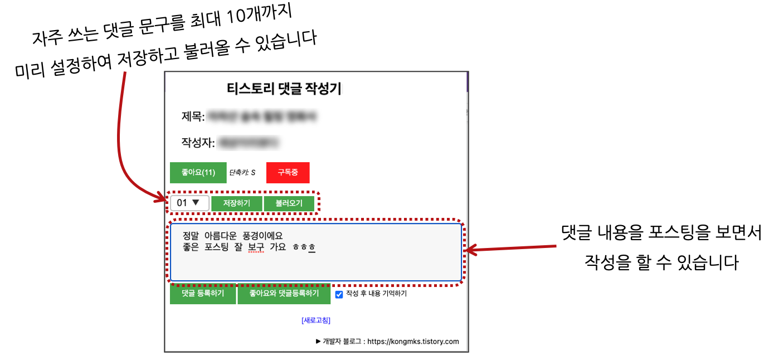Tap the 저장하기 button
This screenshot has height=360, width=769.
236,203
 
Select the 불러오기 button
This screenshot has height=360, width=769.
289,203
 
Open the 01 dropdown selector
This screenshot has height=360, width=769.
189,203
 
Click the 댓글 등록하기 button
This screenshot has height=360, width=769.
203,293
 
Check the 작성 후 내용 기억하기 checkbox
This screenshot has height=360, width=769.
339,294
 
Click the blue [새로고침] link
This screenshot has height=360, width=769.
316,320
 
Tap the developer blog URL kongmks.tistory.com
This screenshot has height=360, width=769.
413,342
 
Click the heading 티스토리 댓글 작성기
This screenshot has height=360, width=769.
284,89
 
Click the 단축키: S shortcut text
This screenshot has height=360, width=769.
242,173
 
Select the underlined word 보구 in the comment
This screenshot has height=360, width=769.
256,247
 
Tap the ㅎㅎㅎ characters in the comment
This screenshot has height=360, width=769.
304,247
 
